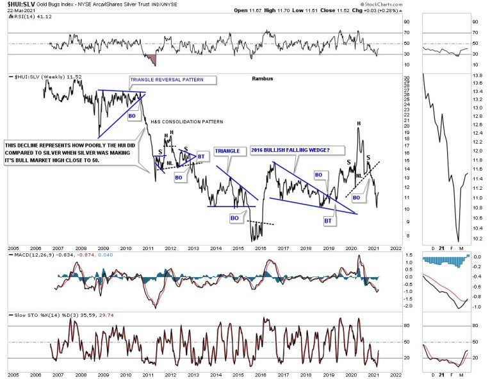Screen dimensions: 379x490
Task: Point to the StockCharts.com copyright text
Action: [x=446, y=9]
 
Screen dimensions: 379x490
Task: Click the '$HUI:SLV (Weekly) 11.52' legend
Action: [x=41, y=77]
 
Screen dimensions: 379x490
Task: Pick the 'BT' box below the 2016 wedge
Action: [x=328, y=220]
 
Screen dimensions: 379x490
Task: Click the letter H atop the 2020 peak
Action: [x=358, y=123]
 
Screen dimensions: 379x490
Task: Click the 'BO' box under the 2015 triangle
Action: [x=235, y=217]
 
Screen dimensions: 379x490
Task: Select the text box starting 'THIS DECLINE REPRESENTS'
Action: [x=72, y=153]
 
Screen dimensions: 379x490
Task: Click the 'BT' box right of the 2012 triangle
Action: [x=200, y=156]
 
